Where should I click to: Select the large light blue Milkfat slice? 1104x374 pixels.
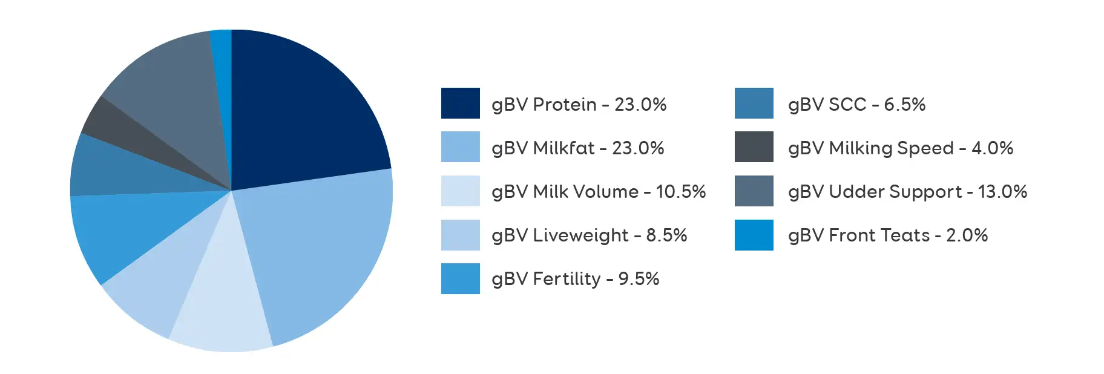click(321, 254)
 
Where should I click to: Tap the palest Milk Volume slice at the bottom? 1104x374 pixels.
click(224, 297)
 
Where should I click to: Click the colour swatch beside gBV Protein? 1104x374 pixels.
click(460, 103)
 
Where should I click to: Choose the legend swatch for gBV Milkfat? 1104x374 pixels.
click(460, 147)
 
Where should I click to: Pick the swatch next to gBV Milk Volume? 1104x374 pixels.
click(460, 191)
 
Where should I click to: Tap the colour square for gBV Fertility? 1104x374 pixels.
click(460, 278)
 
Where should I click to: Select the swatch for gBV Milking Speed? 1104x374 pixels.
click(754, 147)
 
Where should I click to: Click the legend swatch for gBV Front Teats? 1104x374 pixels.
click(754, 235)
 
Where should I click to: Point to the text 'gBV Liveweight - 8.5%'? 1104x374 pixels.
click(590, 235)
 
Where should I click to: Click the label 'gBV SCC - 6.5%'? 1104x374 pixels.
click(857, 105)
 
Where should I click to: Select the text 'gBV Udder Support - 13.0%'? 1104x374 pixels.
click(908, 192)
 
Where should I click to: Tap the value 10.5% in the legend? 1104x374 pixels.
click(681, 192)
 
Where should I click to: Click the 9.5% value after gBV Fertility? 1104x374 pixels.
click(639, 279)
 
